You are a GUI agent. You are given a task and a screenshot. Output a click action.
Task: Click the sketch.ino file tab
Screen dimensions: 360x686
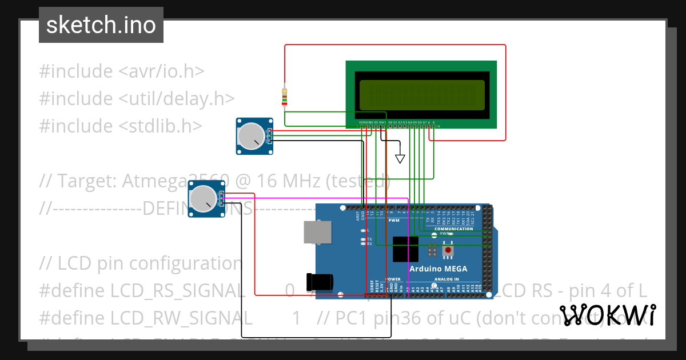coord(101,25)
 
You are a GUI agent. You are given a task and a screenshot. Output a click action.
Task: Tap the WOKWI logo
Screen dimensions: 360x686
coord(607,315)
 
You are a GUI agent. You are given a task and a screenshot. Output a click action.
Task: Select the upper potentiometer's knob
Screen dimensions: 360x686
coord(250,136)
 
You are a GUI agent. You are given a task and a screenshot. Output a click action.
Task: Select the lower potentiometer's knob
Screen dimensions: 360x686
coord(203,198)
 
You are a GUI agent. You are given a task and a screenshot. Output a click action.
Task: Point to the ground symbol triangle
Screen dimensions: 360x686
coord(400,158)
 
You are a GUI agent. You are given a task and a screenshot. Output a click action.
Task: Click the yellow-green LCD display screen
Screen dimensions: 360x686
coord(422,95)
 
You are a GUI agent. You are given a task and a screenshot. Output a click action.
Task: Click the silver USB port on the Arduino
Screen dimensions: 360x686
coord(316,231)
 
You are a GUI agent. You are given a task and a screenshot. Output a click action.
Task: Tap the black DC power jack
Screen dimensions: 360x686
coord(318,282)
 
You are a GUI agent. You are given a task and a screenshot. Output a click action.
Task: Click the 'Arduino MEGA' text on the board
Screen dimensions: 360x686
coord(438,269)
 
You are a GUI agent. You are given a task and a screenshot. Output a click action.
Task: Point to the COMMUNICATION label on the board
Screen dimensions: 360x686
coord(453,229)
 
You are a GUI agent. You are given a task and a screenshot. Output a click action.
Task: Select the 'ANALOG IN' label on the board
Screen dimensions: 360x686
coord(446,279)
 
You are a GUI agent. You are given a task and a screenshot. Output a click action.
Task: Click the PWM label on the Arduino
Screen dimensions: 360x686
coord(394,220)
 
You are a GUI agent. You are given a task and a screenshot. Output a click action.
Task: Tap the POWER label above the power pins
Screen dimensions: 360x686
coord(392,279)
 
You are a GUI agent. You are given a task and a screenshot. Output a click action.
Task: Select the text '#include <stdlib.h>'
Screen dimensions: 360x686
coord(120,126)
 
